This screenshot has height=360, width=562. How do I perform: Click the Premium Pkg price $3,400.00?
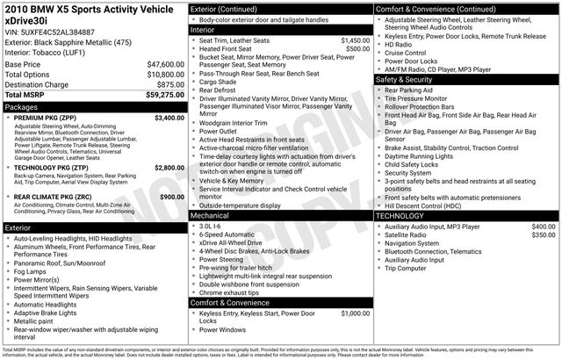pyautogui.click(x=169, y=117)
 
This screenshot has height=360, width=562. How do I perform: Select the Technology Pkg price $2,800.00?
pyautogui.click(x=169, y=167)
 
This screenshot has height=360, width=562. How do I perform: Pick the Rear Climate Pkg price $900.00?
pyautogui.click(x=172, y=197)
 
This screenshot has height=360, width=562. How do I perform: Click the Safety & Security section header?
pyautogui.click(x=407, y=79)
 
